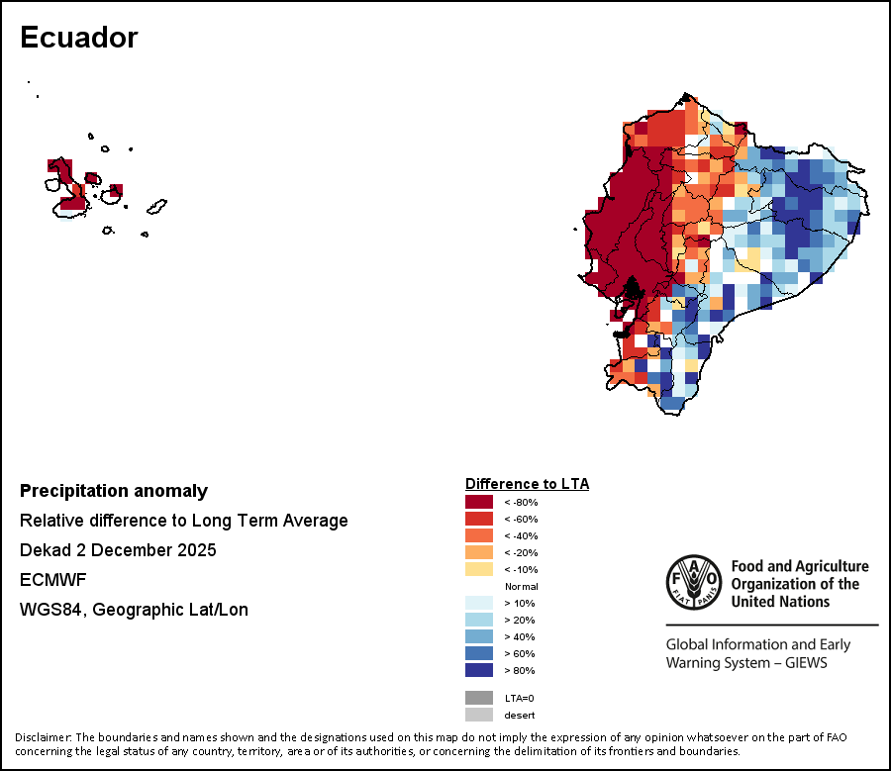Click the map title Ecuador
click(78, 39)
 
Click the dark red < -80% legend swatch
click(479, 502)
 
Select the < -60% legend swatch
click(479, 519)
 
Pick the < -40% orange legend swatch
click(479, 535)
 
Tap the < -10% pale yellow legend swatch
click(479, 569)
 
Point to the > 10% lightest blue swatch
click(479, 603)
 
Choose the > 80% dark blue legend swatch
click(479, 670)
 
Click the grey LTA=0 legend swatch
click(479, 698)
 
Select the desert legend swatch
click(479, 715)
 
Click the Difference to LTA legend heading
click(527, 484)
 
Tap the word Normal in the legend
click(521, 586)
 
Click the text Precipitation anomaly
click(114, 491)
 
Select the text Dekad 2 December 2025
click(118, 550)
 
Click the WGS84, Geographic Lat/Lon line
click(134, 610)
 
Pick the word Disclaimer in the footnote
click(43, 737)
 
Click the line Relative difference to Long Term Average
click(183, 521)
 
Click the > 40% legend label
click(519, 636)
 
